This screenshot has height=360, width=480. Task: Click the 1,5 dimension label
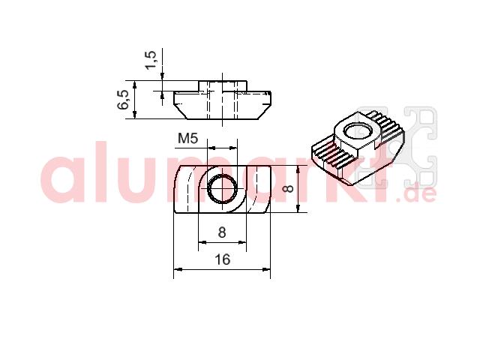[151, 60]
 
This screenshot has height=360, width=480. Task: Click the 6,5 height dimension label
[124, 100]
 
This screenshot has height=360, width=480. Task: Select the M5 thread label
[188, 138]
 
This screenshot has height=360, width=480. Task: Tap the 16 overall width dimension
[222, 259]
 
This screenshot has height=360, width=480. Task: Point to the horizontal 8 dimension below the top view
[222, 232]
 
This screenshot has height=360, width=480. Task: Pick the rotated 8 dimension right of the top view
[288, 188]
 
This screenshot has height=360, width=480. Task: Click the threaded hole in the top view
[223, 188]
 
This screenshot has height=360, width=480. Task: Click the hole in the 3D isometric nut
[358, 132]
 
